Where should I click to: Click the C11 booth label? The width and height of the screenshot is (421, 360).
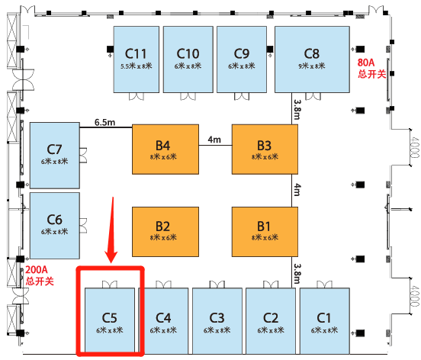(x=136, y=53)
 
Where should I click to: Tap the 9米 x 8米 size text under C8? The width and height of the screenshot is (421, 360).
(x=312, y=66)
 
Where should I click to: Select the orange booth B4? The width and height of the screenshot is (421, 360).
(x=166, y=149)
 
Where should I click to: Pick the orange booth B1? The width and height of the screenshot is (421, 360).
(x=265, y=232)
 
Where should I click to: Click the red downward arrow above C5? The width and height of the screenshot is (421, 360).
(x=112, y=230)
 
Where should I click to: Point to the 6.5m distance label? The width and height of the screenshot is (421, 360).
(x=104, y=123)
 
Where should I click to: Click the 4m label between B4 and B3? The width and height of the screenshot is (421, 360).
(x=214, y=140)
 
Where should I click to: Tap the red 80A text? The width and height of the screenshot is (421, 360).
(x=365, y=63)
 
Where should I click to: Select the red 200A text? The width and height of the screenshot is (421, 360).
(x=37, y=269)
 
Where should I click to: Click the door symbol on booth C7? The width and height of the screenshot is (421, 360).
(x=83, y=156)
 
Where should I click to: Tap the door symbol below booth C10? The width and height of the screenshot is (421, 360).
(x=188, y=96)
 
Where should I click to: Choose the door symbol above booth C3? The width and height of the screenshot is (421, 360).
(x=217, y=284)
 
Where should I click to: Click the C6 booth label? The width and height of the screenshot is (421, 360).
(x=54, y=220)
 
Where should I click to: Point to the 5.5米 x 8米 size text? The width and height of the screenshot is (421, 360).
(x=136, y=66)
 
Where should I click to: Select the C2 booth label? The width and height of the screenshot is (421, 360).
(x=271, y=318)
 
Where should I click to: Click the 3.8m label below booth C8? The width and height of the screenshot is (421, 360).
(x=297, y=110)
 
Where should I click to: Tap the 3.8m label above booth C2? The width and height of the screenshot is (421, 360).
(x=297, y=274)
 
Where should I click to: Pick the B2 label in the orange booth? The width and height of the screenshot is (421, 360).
(x=162, y=227)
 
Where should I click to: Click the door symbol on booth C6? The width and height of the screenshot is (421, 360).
(x=83, y=226)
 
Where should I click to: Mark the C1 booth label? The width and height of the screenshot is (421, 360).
(x=324, y=318)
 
